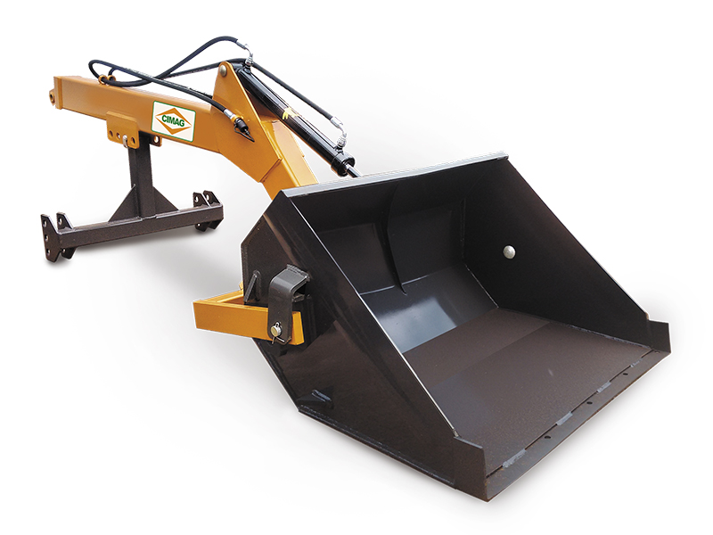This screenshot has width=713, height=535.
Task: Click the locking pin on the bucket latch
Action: click(x=276, y=332)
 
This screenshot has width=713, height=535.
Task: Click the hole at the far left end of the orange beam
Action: click(x=53, y=97)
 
